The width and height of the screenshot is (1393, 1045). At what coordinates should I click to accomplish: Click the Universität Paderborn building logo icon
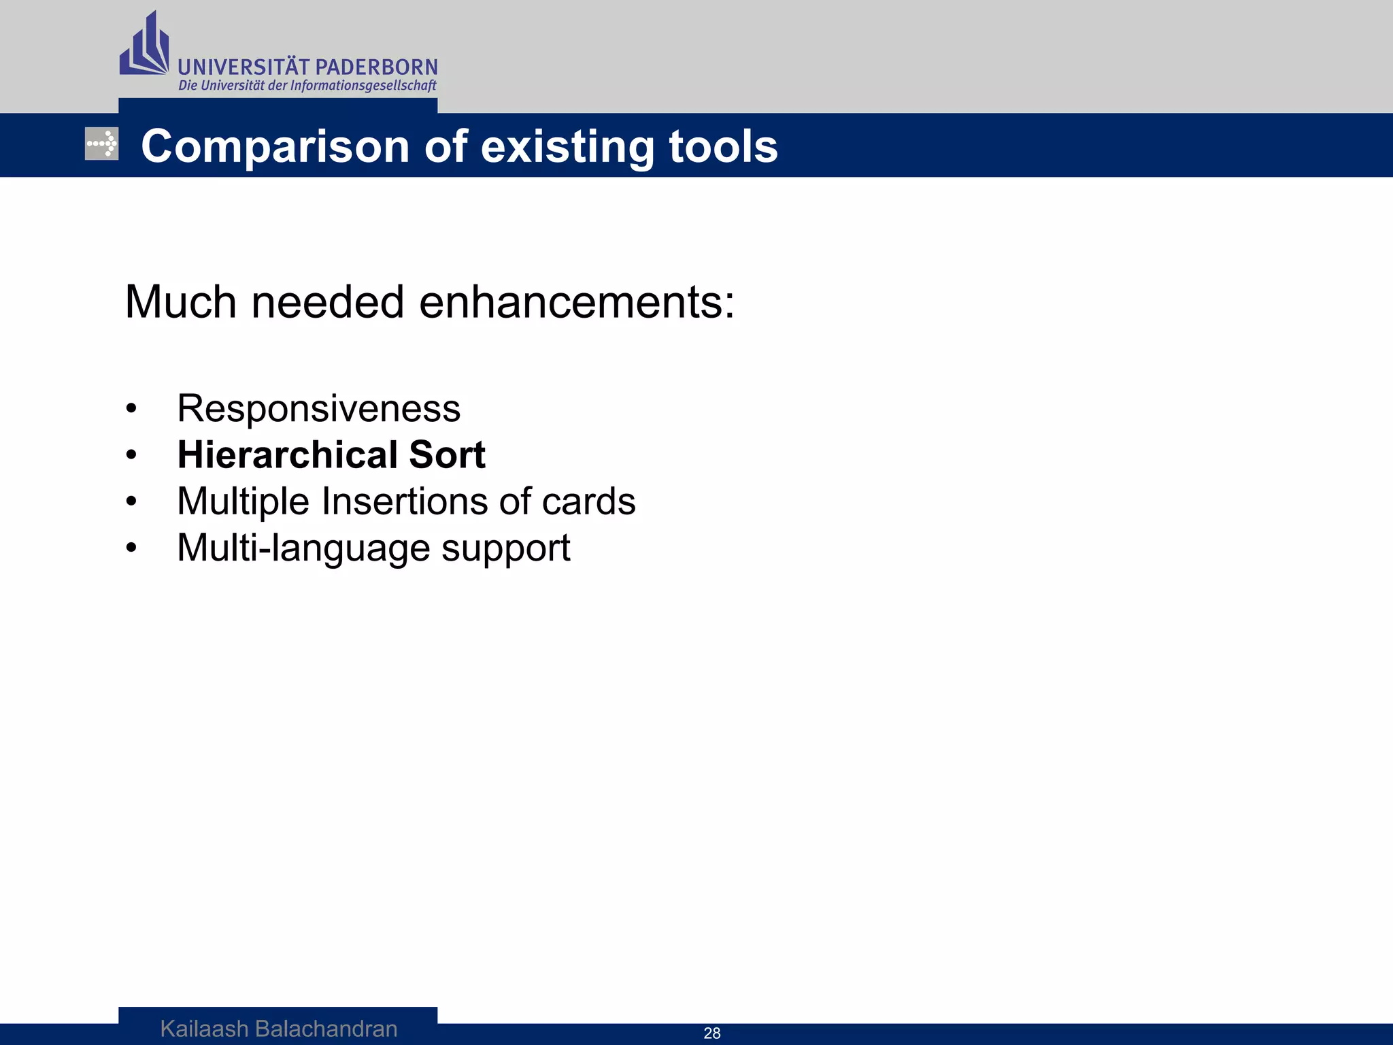click(144, 45)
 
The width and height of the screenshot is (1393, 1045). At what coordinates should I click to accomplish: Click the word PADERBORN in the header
click(377, 67)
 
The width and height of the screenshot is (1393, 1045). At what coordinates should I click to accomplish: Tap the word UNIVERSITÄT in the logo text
click(244, 67)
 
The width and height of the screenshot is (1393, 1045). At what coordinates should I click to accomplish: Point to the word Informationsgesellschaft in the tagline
click(363, 86)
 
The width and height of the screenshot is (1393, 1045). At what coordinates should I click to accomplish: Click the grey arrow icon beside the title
click(101, 144)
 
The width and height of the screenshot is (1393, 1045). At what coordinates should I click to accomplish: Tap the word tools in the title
click(723, 147)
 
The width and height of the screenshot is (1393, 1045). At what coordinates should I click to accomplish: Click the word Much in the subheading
click(181, 302)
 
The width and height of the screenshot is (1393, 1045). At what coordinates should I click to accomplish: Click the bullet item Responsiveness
click(318, 409)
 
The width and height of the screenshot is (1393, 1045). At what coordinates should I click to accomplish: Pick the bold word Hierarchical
click(287, 454)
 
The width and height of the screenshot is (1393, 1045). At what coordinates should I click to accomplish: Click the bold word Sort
click(447, 454)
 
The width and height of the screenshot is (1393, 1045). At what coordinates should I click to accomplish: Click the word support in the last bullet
click(505, 548)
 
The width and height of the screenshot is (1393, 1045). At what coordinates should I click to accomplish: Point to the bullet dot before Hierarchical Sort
click(131, 455)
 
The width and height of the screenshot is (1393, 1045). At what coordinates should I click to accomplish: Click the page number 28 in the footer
click(711, 1033)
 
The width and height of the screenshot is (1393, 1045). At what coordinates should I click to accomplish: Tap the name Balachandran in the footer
click(326, 1029)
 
